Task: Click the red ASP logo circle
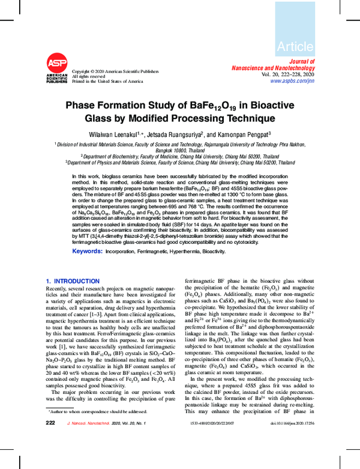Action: click(57, 63)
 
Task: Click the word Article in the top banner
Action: click(295, 46)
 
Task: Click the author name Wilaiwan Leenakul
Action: click(112, 134)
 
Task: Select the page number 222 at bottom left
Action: click(50, 457)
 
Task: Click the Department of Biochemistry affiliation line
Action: click(180, 155)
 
